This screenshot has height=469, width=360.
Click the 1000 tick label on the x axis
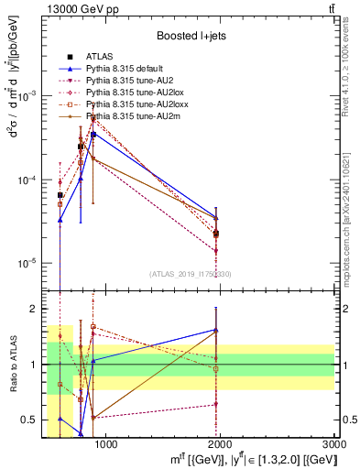[105, 444]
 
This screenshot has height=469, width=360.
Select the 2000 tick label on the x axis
[220, 444]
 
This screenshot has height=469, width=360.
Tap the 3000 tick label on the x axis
[333, 444]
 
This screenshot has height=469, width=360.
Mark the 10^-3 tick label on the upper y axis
[27, 96]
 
